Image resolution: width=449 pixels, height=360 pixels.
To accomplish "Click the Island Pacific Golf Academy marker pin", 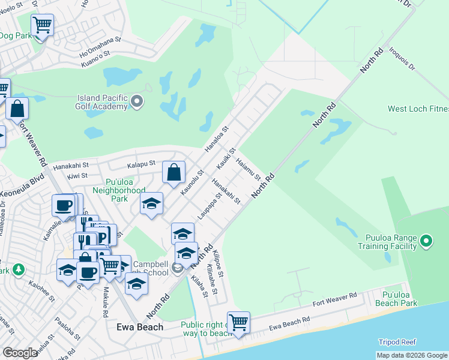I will coord(137,101).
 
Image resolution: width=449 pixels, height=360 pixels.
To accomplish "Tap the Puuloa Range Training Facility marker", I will coord(426,242).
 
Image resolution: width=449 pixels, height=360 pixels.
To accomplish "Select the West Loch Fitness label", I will coord(418,109).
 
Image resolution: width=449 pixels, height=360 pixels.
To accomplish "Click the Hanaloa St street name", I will coord(217,137).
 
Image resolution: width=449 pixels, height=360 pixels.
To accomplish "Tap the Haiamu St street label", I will coord(248,169).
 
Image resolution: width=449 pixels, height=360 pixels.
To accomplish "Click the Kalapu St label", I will coord(141,163).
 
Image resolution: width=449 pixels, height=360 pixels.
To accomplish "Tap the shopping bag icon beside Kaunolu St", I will coord(173,173).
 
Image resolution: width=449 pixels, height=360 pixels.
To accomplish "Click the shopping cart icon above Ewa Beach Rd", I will coord(238,322).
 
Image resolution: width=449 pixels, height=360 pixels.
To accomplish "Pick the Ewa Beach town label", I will coord(139,327).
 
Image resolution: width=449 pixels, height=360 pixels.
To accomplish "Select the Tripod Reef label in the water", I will coord(397,342).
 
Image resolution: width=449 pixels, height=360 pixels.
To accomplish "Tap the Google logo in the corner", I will coord(20,352).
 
